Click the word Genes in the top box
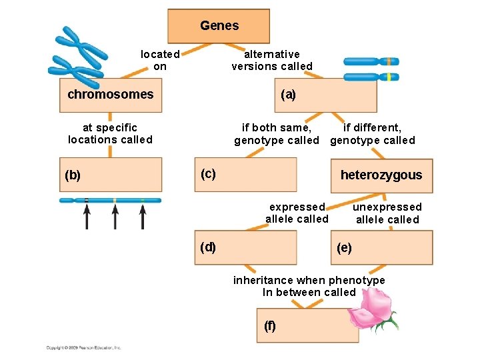click(219, 26)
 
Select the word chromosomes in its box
click(110, 94)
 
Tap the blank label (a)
click(288, 95)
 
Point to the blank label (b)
click(73, 176)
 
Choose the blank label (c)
click(208, 174)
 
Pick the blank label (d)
click(208, 247)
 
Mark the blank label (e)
click(344, 249)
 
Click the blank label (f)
click(269, 326)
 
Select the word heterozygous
click(381, 175)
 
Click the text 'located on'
click(160, 60)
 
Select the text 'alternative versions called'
click(272, 60)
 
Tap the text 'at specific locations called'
click(110, 133)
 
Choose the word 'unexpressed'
click(387, 207)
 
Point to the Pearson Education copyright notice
click(83, 347)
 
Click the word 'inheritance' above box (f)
click(263, 280)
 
